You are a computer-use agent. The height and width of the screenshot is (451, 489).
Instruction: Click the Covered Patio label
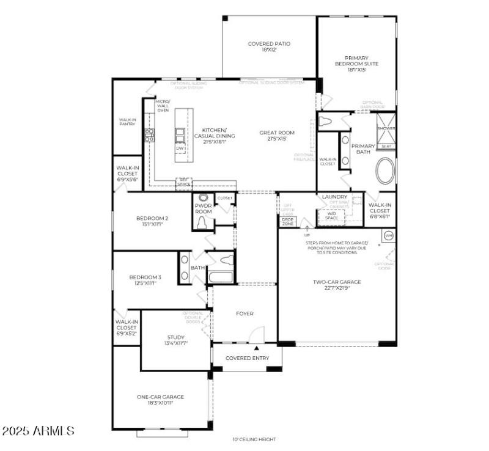[x=269, y=46]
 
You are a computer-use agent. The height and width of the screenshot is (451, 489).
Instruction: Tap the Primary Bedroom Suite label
[x=356, y=64]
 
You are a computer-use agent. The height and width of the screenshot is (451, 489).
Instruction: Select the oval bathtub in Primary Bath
[x=386, y=171]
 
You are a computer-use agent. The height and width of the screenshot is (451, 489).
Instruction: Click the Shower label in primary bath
[x=386, y=129]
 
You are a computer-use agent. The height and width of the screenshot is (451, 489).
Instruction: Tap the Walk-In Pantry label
[x=127, y=122]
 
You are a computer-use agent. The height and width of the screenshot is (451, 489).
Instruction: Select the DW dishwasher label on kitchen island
[x=180, y=148]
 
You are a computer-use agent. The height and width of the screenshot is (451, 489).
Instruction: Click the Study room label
[x=176, y=340]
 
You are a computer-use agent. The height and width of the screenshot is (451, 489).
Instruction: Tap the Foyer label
[x=244, y=313]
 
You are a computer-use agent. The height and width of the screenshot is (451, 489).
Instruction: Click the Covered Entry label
[x=247, y=358]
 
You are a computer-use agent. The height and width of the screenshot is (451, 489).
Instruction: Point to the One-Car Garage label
[x=160, y=400]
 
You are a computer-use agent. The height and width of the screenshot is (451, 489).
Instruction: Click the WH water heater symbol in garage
[x=388, y=235]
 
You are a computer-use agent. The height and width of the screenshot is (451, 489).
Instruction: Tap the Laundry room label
[x=334, y=197]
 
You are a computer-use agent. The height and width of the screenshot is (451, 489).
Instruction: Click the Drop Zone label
[x=288, y=222]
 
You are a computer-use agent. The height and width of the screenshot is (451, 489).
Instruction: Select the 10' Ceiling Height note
[x=254, y=439]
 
